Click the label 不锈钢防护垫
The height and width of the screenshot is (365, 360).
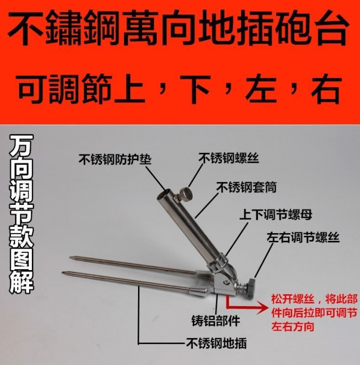(x=115, y=160)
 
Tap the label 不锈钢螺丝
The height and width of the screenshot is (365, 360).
(x=229, y=159)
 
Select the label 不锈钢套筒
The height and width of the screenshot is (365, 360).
(x=246, y=187)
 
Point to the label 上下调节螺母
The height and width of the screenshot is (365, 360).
(x=276, y=214)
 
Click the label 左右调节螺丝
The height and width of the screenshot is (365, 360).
(x=303, y=237)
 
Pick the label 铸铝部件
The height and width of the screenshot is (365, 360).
(x=216, y=321)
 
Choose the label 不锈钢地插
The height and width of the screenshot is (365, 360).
(x=216, y=343)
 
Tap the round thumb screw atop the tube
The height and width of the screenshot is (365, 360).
(x=185, y=193)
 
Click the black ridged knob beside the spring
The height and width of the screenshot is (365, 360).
(x=252, y=285)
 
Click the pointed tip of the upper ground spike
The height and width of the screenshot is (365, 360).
(x=70, y=257)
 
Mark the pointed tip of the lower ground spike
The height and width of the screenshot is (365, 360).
(x=63, y=272)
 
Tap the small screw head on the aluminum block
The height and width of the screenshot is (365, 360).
(x=226, y=282)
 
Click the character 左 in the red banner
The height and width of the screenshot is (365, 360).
(x=261, y=89)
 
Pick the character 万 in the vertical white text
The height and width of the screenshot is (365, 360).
(x=21, y=145)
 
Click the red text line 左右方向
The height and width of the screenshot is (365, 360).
(x=293, y=326)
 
